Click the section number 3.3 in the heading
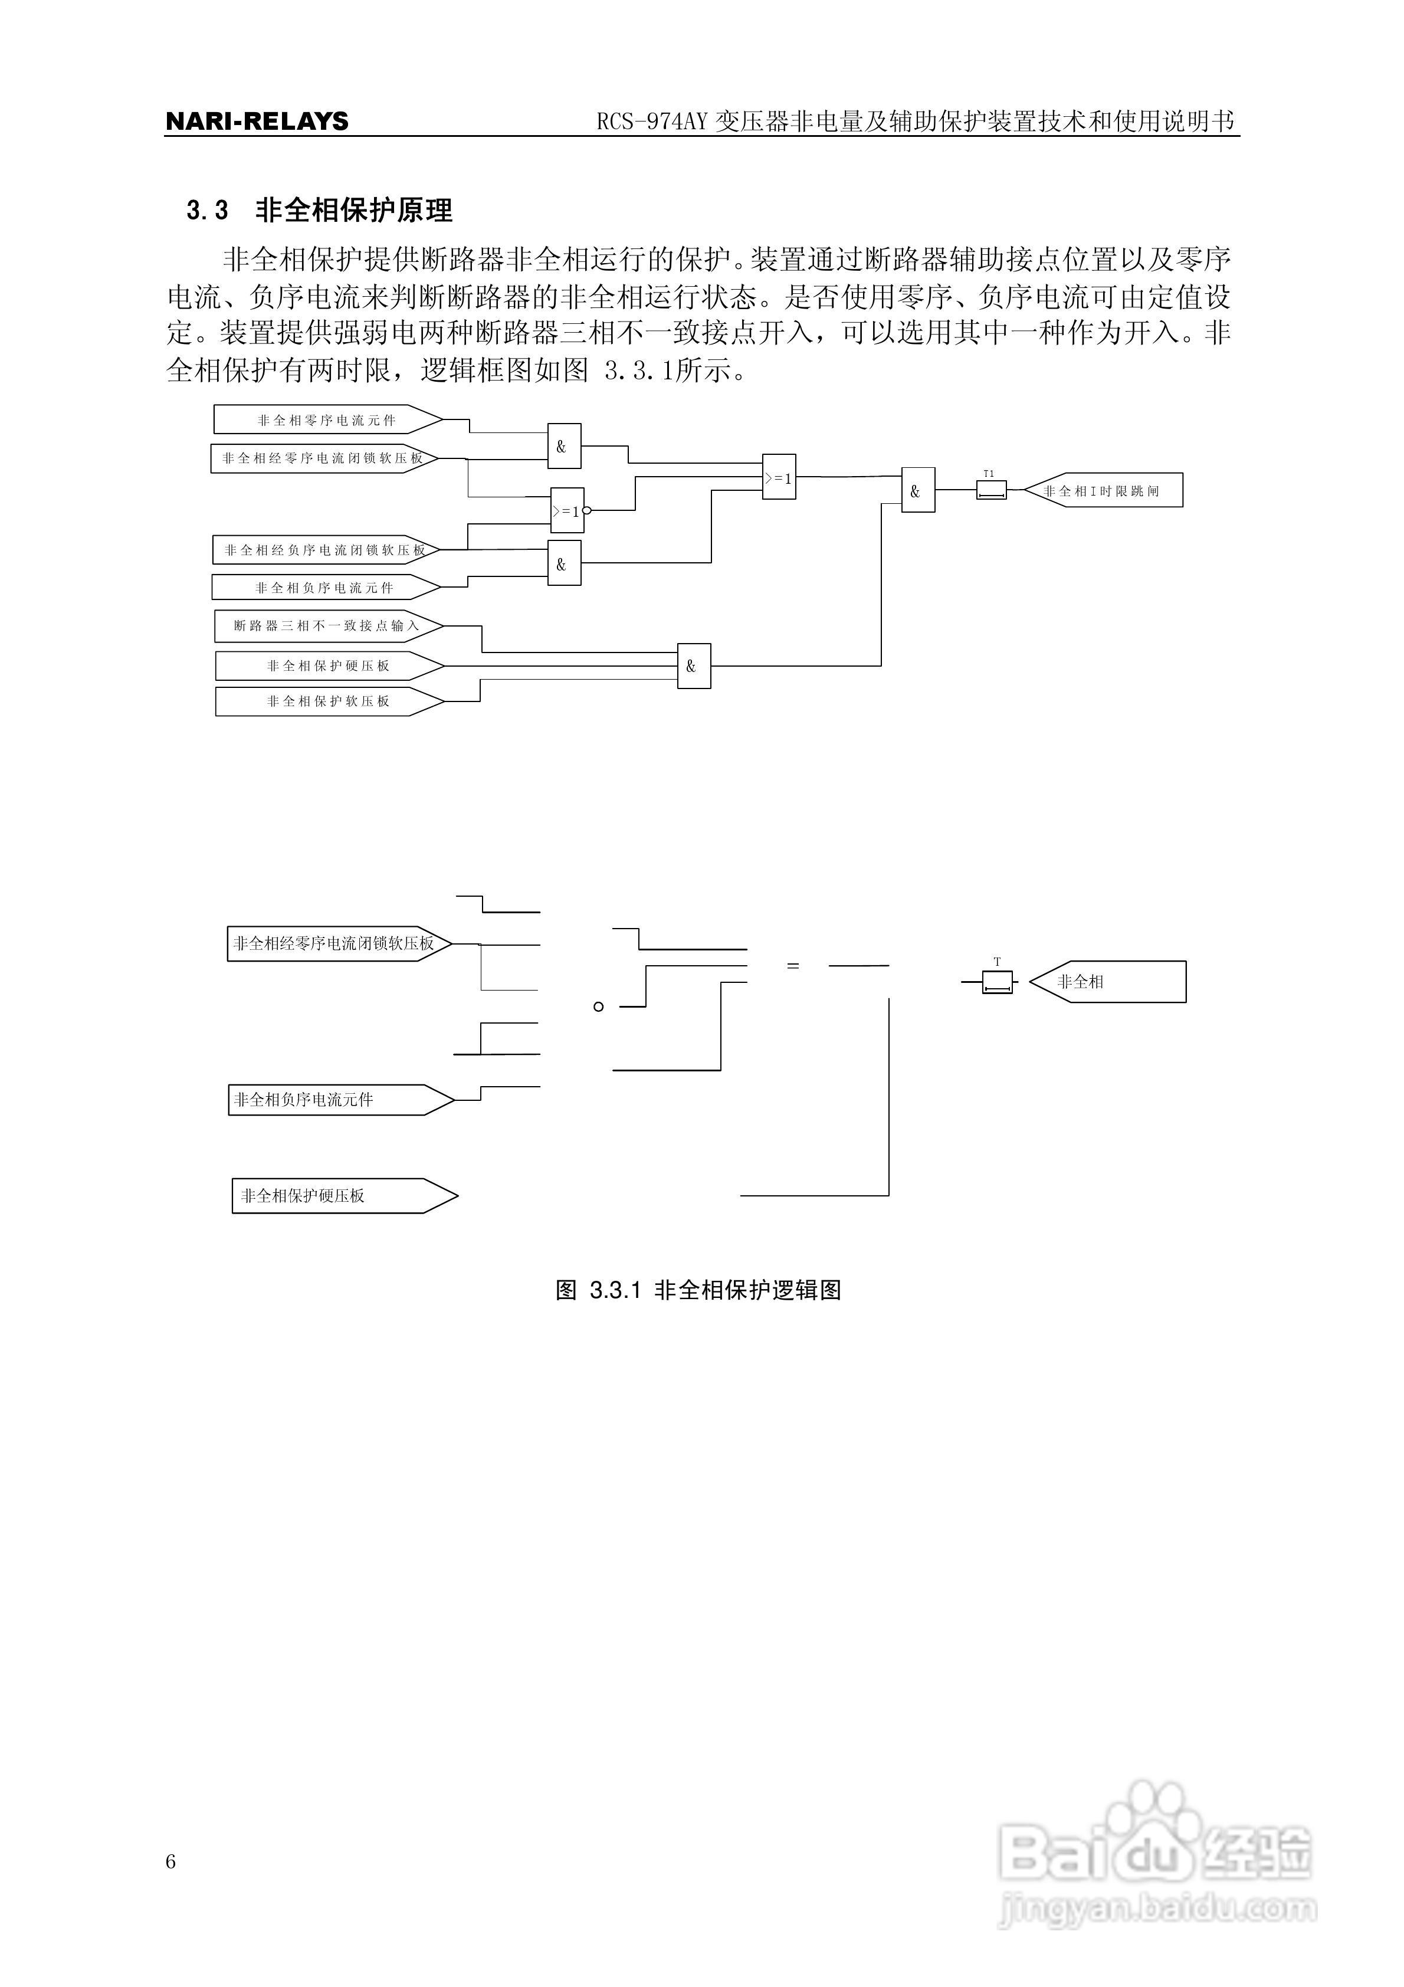click(x=207, y=210)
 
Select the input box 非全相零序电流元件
click(x=327, y=421)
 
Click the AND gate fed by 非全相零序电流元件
click(x=563, y=447)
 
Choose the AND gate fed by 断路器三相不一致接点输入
click(x=693, y=667)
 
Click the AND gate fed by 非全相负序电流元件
click(x=563, y=564)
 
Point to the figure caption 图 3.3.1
click(x=698, y=1290)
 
